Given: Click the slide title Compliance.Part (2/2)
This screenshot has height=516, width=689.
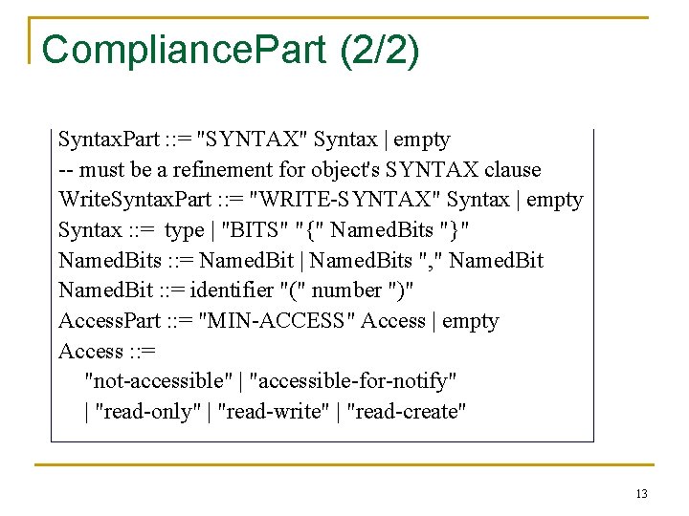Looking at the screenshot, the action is [x=231, y=50].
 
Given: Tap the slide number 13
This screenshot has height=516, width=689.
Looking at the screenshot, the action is [x=641, y=494].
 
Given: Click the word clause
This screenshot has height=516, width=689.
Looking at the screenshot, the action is [x=512, y=170].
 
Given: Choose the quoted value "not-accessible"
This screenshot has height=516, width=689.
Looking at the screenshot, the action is [x=159, y=381].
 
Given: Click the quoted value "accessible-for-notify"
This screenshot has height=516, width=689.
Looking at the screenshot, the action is [x=352, y=381].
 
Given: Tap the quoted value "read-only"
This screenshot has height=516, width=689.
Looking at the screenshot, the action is [x=144, y=412].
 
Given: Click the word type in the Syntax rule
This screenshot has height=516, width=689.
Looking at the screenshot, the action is [x=184, y=230].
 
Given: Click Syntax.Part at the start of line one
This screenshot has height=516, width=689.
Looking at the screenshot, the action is [x=108, y=140].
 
